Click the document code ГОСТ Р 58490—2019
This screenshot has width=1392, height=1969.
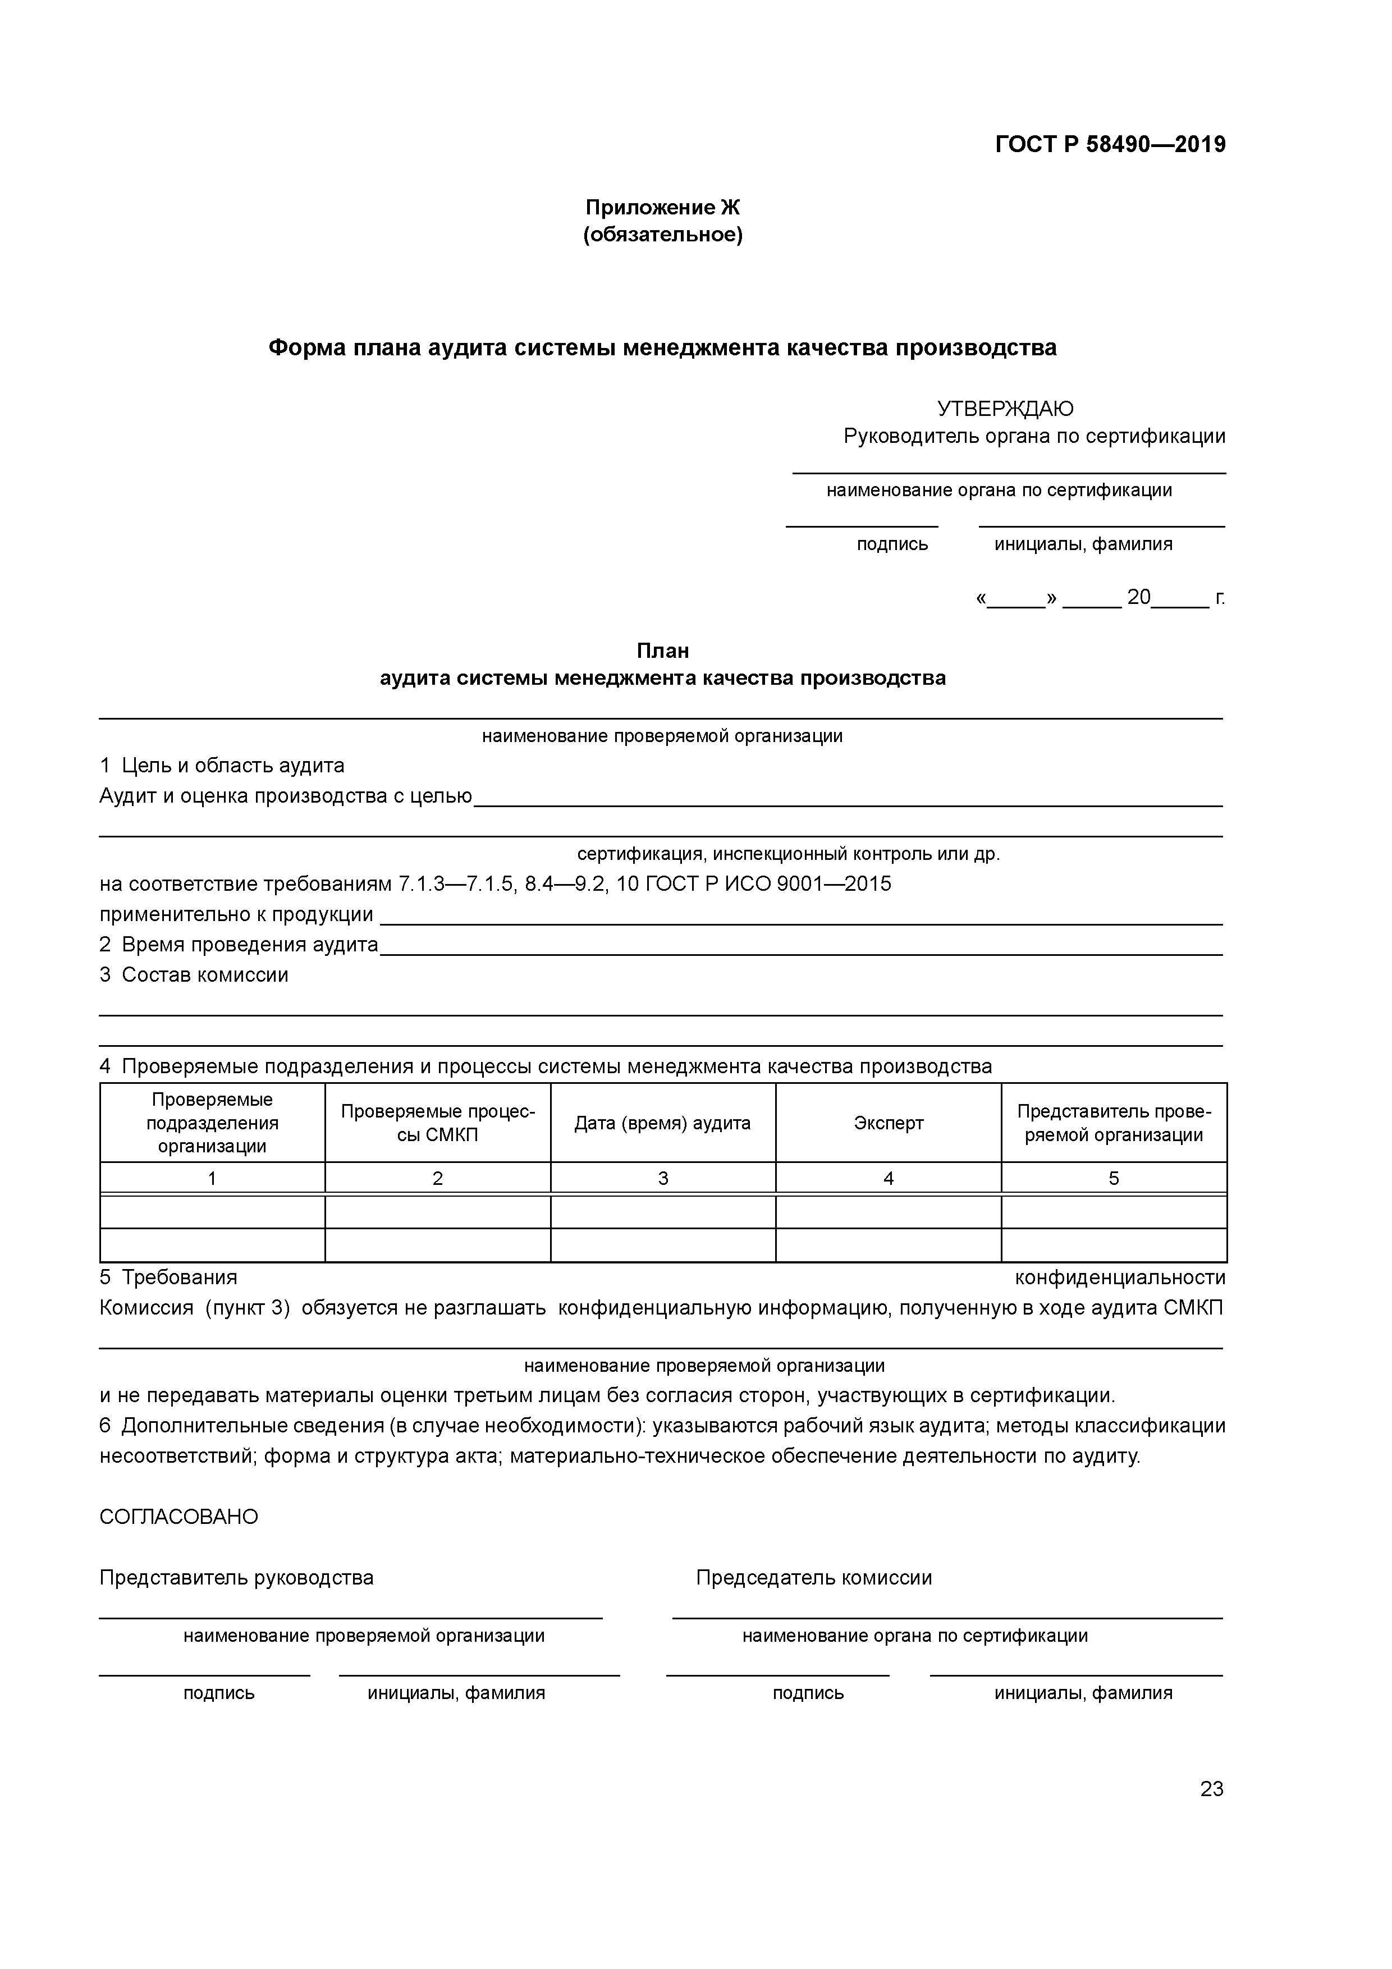(x=1110, y=144)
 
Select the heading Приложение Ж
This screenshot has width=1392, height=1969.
(x=662, y=208)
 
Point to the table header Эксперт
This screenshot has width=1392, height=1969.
(x=888, y=1124)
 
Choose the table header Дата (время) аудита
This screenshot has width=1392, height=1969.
(x=662, y=1124)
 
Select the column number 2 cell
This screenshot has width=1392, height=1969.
(x=437, y=1178)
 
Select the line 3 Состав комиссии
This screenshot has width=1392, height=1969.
(x=194, y=974)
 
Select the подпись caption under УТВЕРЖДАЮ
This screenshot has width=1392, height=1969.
(x=892, y=544)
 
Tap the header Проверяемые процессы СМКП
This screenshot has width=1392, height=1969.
(x=437, y=1124)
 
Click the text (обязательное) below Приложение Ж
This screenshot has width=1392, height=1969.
(x=662, y=234)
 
